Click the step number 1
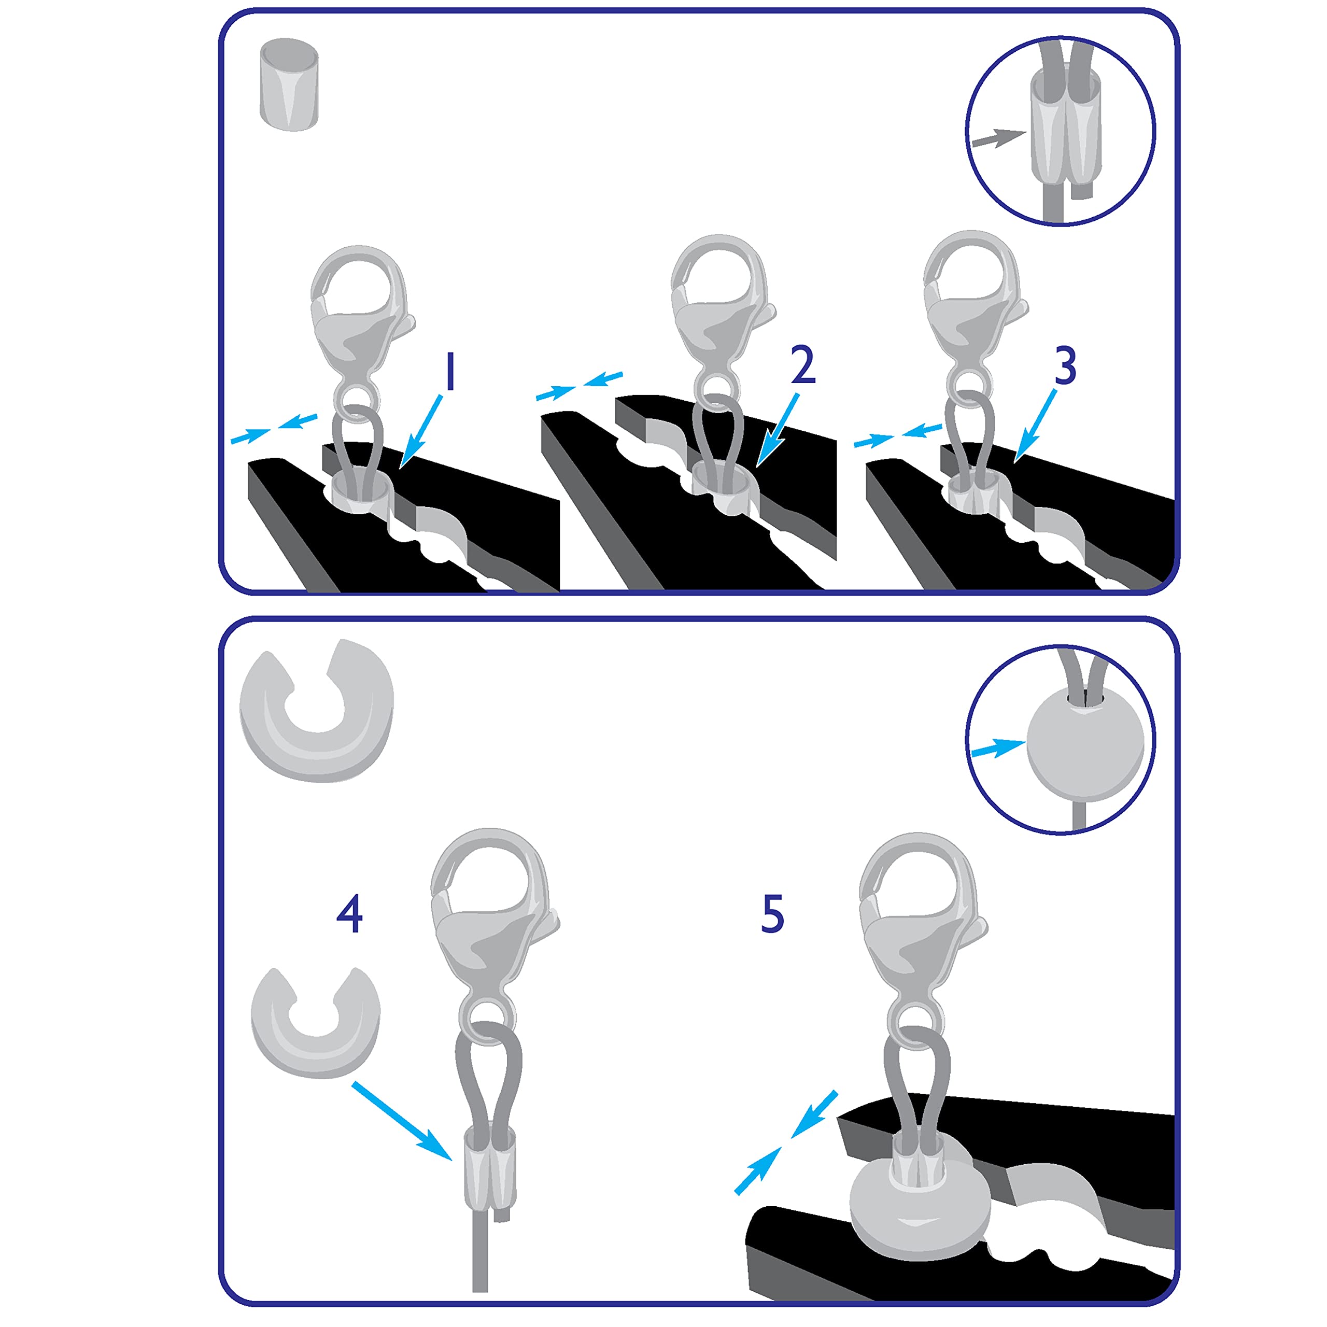coord(450,372)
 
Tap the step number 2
coord(802,365)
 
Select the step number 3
coord(1065,365)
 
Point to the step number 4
coord(349,913)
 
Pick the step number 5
coord(773,913)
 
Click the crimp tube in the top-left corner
coord(289,84)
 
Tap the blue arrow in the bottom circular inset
coord(997,747)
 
